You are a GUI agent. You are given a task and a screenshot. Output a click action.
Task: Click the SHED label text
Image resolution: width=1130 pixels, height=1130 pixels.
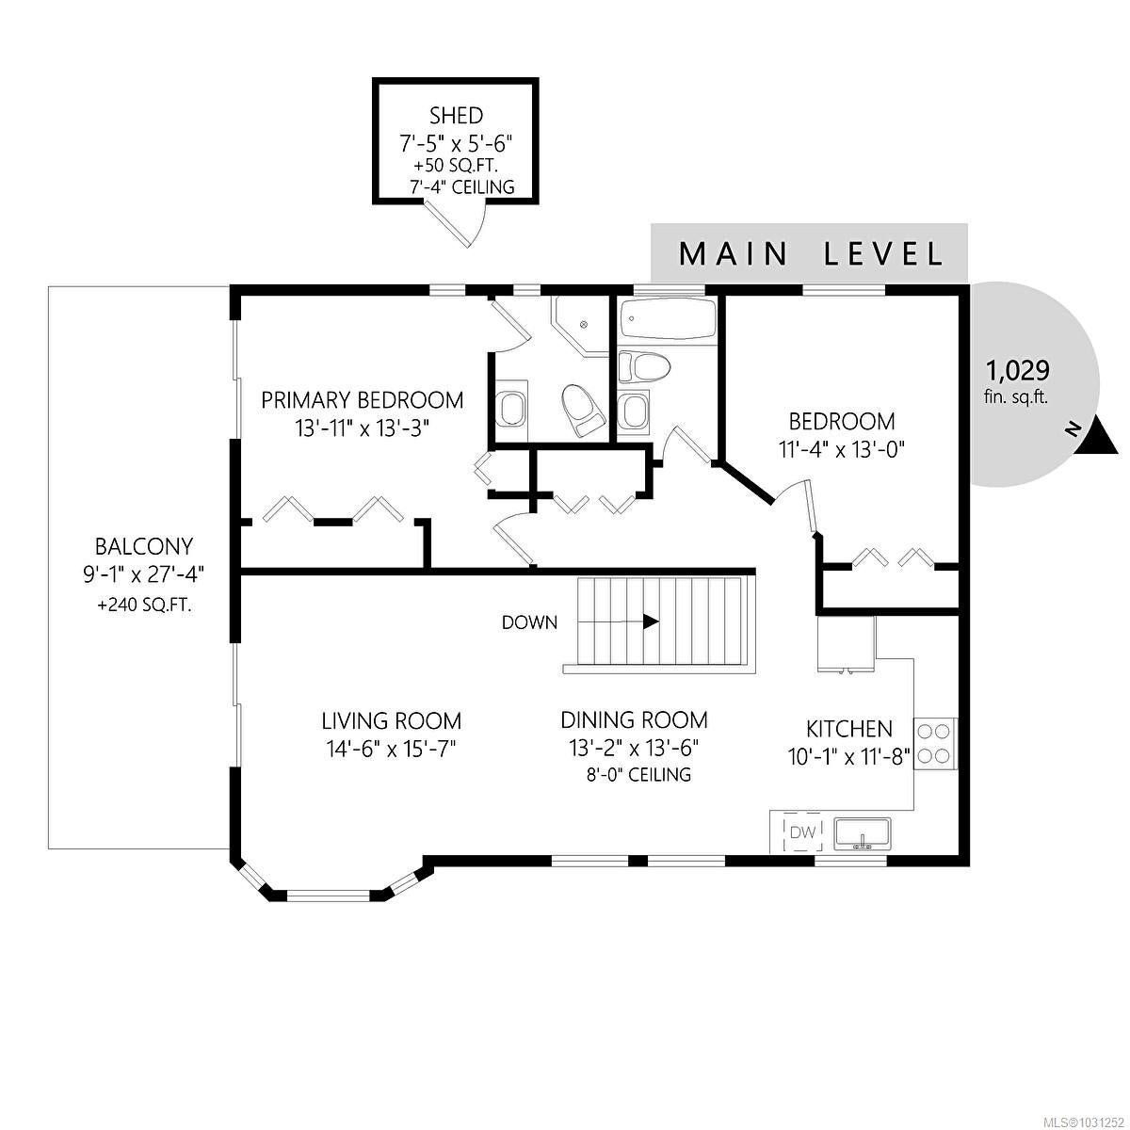[456, 116]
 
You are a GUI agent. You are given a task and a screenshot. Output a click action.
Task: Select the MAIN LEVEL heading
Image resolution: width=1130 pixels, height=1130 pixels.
[811, 254]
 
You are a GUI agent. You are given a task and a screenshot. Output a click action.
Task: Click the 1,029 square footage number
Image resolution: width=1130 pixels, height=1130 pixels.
[1017, 371]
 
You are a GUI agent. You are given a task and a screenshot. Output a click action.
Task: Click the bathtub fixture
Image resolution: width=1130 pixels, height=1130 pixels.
[668, 318]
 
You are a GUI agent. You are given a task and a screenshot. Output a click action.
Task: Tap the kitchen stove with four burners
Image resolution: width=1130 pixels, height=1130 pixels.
[935, 744]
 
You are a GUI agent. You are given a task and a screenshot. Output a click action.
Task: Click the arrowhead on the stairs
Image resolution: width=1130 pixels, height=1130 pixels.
[651, 621]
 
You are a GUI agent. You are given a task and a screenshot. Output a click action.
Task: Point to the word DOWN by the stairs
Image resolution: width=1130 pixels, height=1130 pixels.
[529, 622]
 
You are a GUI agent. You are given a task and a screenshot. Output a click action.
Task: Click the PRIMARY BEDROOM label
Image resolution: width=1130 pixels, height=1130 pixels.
[362, 400]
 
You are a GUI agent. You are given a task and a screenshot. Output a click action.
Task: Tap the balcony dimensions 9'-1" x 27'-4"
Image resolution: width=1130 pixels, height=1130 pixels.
[144, 574]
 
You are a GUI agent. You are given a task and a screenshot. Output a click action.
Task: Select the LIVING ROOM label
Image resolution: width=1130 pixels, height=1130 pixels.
[391, 720]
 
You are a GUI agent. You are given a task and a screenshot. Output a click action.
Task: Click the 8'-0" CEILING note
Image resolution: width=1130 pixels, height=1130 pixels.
[638, 775]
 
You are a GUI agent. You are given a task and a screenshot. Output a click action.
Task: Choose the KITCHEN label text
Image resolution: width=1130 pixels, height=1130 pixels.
[849, 729]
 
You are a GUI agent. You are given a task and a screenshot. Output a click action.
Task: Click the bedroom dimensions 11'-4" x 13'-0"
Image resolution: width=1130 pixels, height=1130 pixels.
[842, 450]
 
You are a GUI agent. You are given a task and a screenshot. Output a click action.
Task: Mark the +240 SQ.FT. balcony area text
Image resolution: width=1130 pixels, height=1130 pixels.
[144, 605]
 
